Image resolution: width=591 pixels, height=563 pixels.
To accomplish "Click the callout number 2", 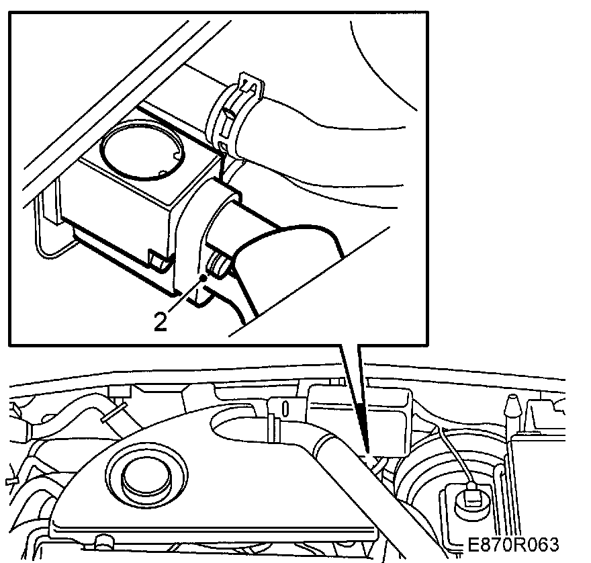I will [160, 321].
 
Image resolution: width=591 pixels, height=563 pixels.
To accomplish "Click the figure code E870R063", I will [513, 544].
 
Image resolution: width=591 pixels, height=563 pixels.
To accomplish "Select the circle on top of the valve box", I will [141, 150].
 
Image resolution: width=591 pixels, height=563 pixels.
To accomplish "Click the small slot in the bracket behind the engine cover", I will [285, 408].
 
